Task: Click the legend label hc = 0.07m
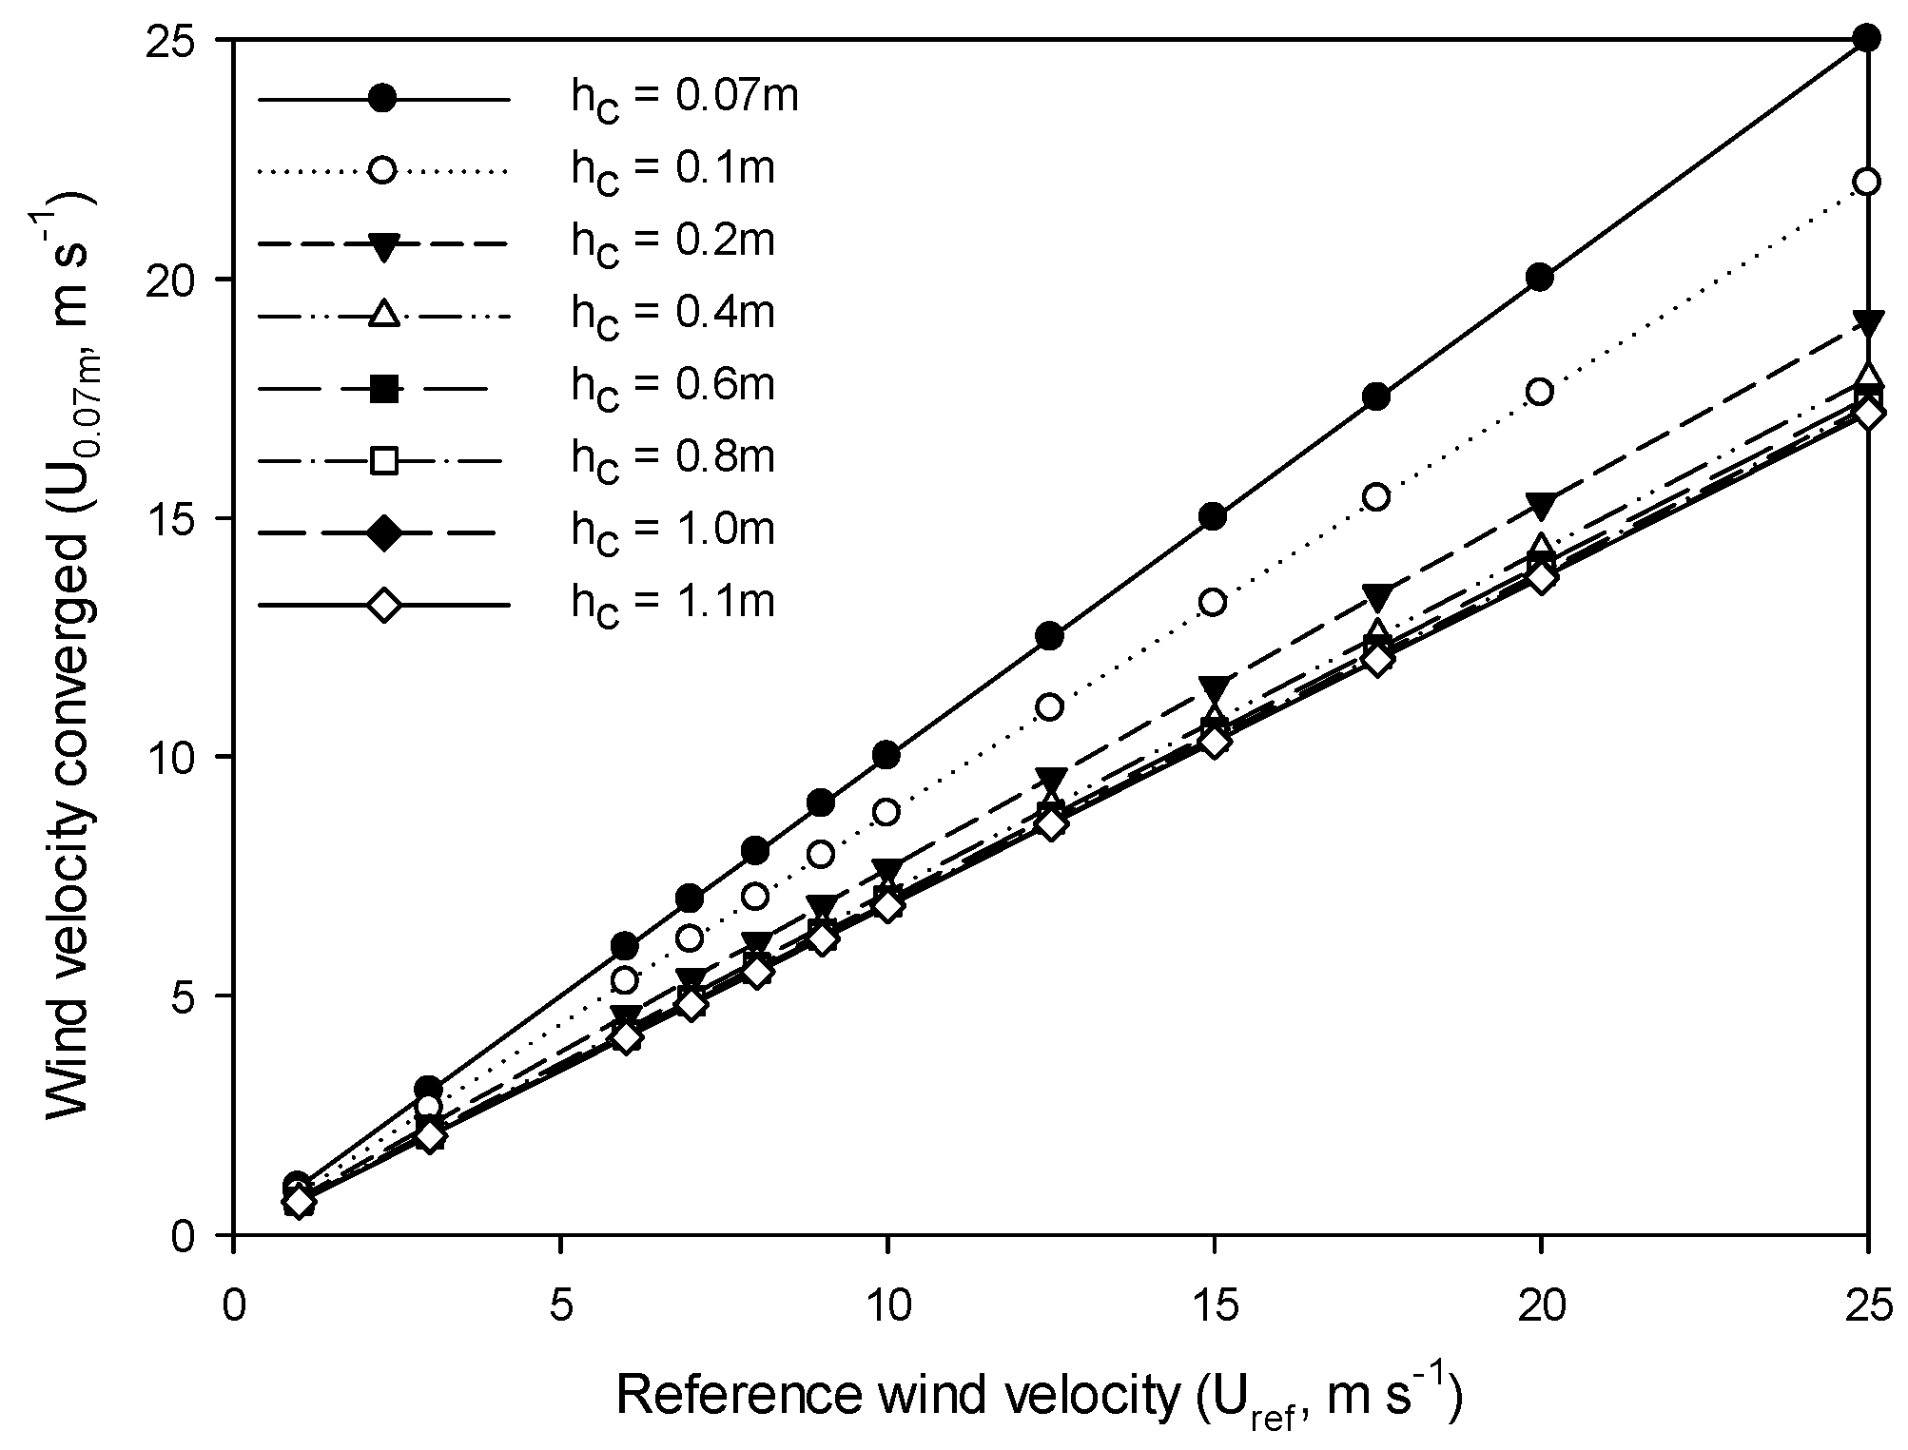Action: pyautogui.click(x=683, y=99)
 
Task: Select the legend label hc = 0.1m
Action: pyautogui.click(x=672, y=170)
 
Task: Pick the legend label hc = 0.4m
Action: pyautogui.click(x=672, y=314)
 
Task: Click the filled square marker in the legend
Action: pyautogui.click(x=383, y=388)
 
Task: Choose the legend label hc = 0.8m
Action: pyautogui.click(x=672, y=458)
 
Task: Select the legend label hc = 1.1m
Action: pyautogui.click(x=672, y=604)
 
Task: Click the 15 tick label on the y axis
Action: pyautogui.click(x=193, y=519)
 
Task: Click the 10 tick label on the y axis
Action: pyautogui.click(x=193, y=758)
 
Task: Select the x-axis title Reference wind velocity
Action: pyautogui.click(x=1037, y=1397)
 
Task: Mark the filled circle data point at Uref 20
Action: pyautogui.click(x=1541, y=278)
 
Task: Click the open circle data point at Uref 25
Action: pyautogui.click(x=1867, y=182)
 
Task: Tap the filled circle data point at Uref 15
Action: pyautogui.click(x=1214, y=517)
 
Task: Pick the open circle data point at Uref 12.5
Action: pyautogui.click(x=1050, y=707)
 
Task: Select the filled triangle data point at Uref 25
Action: pyautogui.click(x=1867, y=322)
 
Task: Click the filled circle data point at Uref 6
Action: pyautogui.click(x=625, y=947)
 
